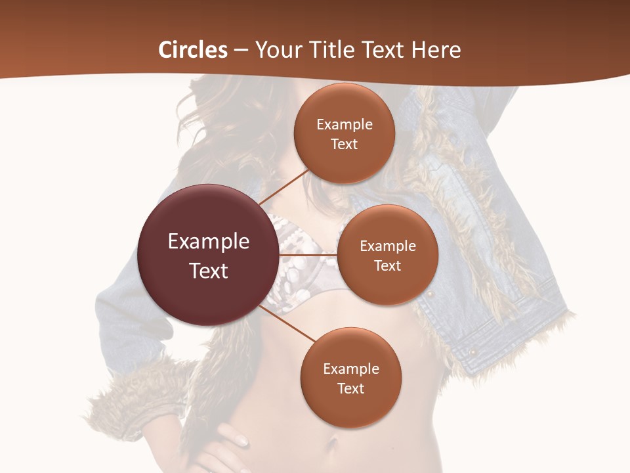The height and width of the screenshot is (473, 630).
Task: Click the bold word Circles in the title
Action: coord(193,50)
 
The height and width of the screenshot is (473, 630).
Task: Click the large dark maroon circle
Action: coord(208,255)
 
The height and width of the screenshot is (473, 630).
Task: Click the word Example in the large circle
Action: coord(209,242)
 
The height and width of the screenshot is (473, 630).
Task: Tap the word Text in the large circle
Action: coord(209,271)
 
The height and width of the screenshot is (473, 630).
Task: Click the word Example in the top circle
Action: coord(345,125)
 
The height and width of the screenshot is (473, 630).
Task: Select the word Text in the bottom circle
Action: coord(350,388)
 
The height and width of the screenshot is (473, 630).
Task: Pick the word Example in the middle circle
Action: coord(388,246)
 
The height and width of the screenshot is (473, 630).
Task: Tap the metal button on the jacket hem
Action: coord(472,353)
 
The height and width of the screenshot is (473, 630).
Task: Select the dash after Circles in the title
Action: coord(241,51)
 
